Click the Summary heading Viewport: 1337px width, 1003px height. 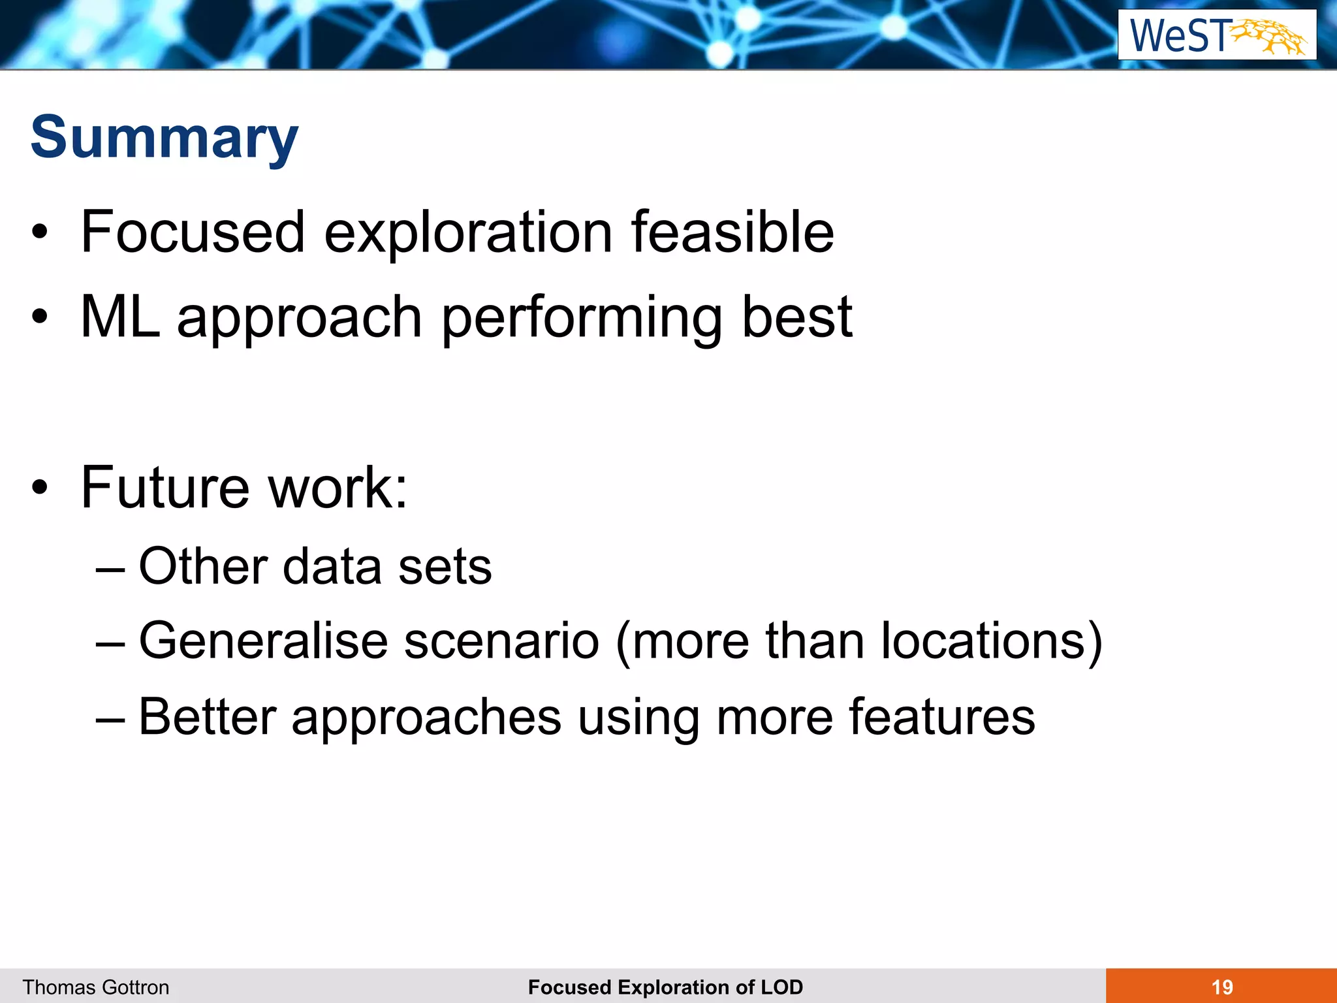click(x=165, y=138)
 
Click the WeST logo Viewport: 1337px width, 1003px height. click(x=1217, y=35)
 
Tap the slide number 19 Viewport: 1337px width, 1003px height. click(x=1222, y=987)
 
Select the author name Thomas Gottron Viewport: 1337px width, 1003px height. click(x=96, y=987)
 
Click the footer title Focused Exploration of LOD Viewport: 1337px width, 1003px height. click(x=665, y=987)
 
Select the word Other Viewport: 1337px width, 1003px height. click(x=203, y=566)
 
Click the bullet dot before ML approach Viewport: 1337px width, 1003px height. click(x=40, y=317)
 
